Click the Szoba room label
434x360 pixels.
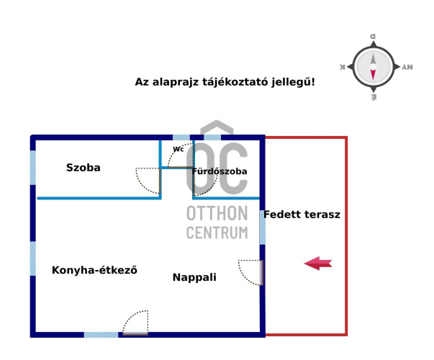click(83, 168)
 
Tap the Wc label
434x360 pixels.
click(178, 149)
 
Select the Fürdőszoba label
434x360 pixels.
click(220, 171)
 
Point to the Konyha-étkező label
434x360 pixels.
click(94, 270)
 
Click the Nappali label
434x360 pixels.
click(194, 277)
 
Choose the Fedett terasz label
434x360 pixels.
click(302, 215)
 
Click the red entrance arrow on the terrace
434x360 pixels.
click(318, 264)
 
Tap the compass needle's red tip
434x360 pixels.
click(373, 75)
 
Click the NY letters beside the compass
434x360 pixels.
click(407, 67)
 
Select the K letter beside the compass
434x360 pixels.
click(343, 67)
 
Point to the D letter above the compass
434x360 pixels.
click(373, 36)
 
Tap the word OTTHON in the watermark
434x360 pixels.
click(217, 213)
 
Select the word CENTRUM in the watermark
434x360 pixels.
click(217, 233)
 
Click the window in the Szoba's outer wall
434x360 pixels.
click(32, 168)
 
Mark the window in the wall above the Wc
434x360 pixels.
click(181, 138)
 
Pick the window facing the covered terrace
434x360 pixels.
click(263, 228)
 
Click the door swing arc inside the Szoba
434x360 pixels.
click(147, 180)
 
